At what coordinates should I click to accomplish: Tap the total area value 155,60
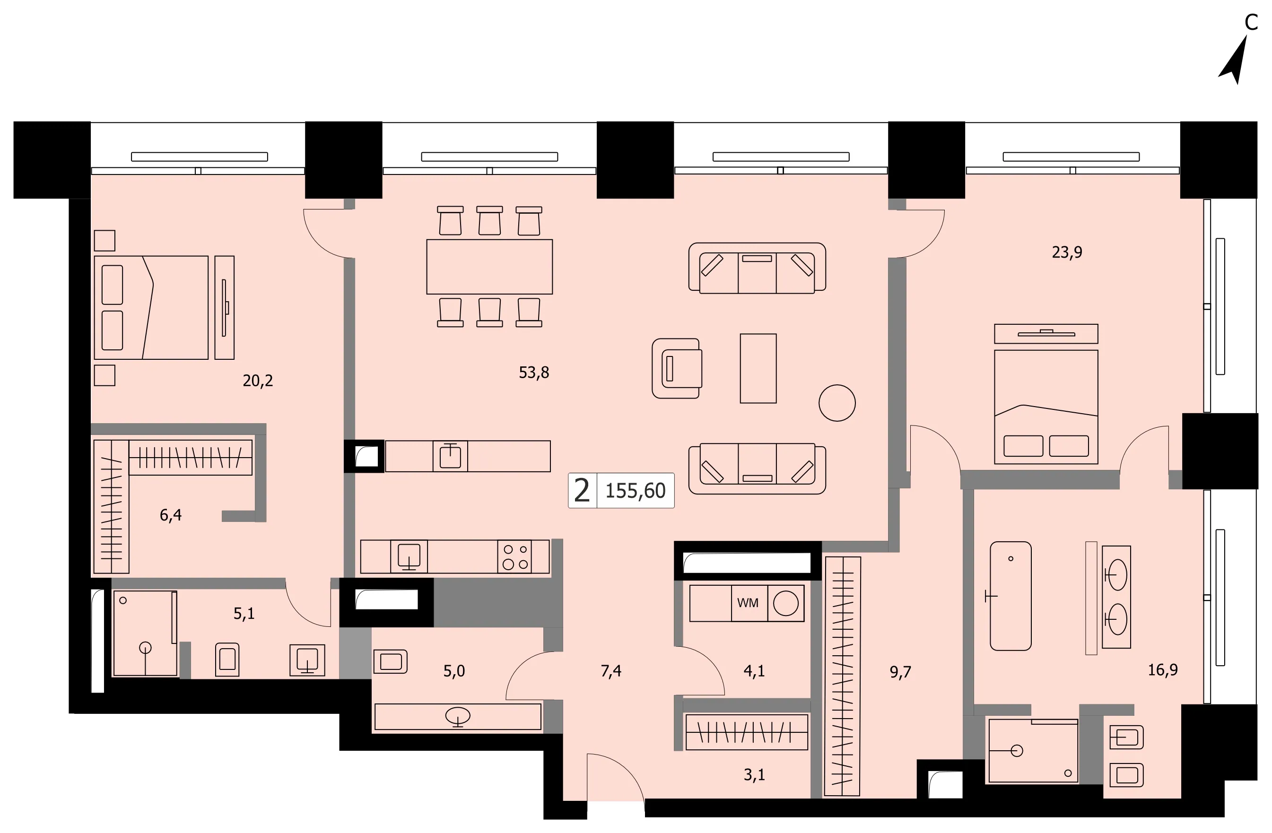click(x=635, y=491)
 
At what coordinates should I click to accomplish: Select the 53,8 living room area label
click(x=534, y=373)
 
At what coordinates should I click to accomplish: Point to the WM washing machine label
click(x=748, y=603)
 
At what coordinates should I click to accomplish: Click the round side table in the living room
click(x=837, y=403)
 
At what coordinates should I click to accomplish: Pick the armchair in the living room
click(x=677, y=368)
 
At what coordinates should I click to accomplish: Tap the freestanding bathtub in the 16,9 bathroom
click(x=1011, y=596)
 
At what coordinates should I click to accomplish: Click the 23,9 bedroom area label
click(x=1067, y=252)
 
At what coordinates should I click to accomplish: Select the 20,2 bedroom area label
click(x=258, y=381)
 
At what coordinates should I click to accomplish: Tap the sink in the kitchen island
click(x=451, y=456)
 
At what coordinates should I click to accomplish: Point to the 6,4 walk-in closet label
click(x=171, y=515)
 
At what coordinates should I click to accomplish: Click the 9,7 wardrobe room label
click(x=900, y=672)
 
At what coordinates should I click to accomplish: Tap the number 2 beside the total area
click(x=582, y=491)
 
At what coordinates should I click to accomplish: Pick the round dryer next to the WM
click(x=785, y=603)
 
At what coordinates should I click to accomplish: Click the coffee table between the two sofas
click(x=758, y=368)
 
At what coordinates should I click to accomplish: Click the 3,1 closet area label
click(x=754, y=775)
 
